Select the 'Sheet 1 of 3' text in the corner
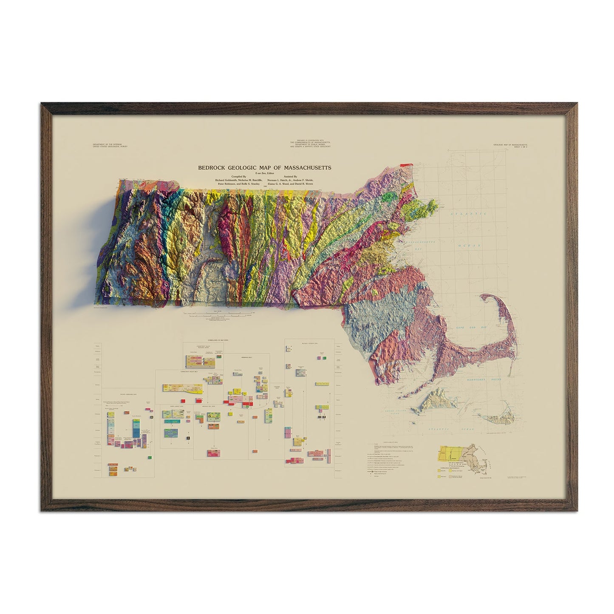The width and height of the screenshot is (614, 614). tap(516, 147)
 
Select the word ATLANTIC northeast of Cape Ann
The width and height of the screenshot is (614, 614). tap(470, 214)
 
